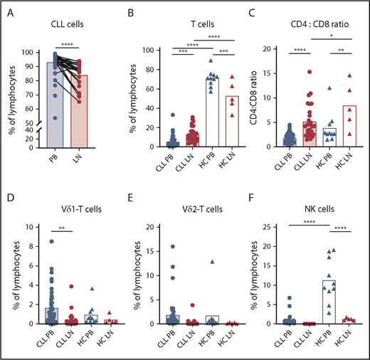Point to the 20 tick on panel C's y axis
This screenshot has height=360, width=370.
(271, 50)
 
